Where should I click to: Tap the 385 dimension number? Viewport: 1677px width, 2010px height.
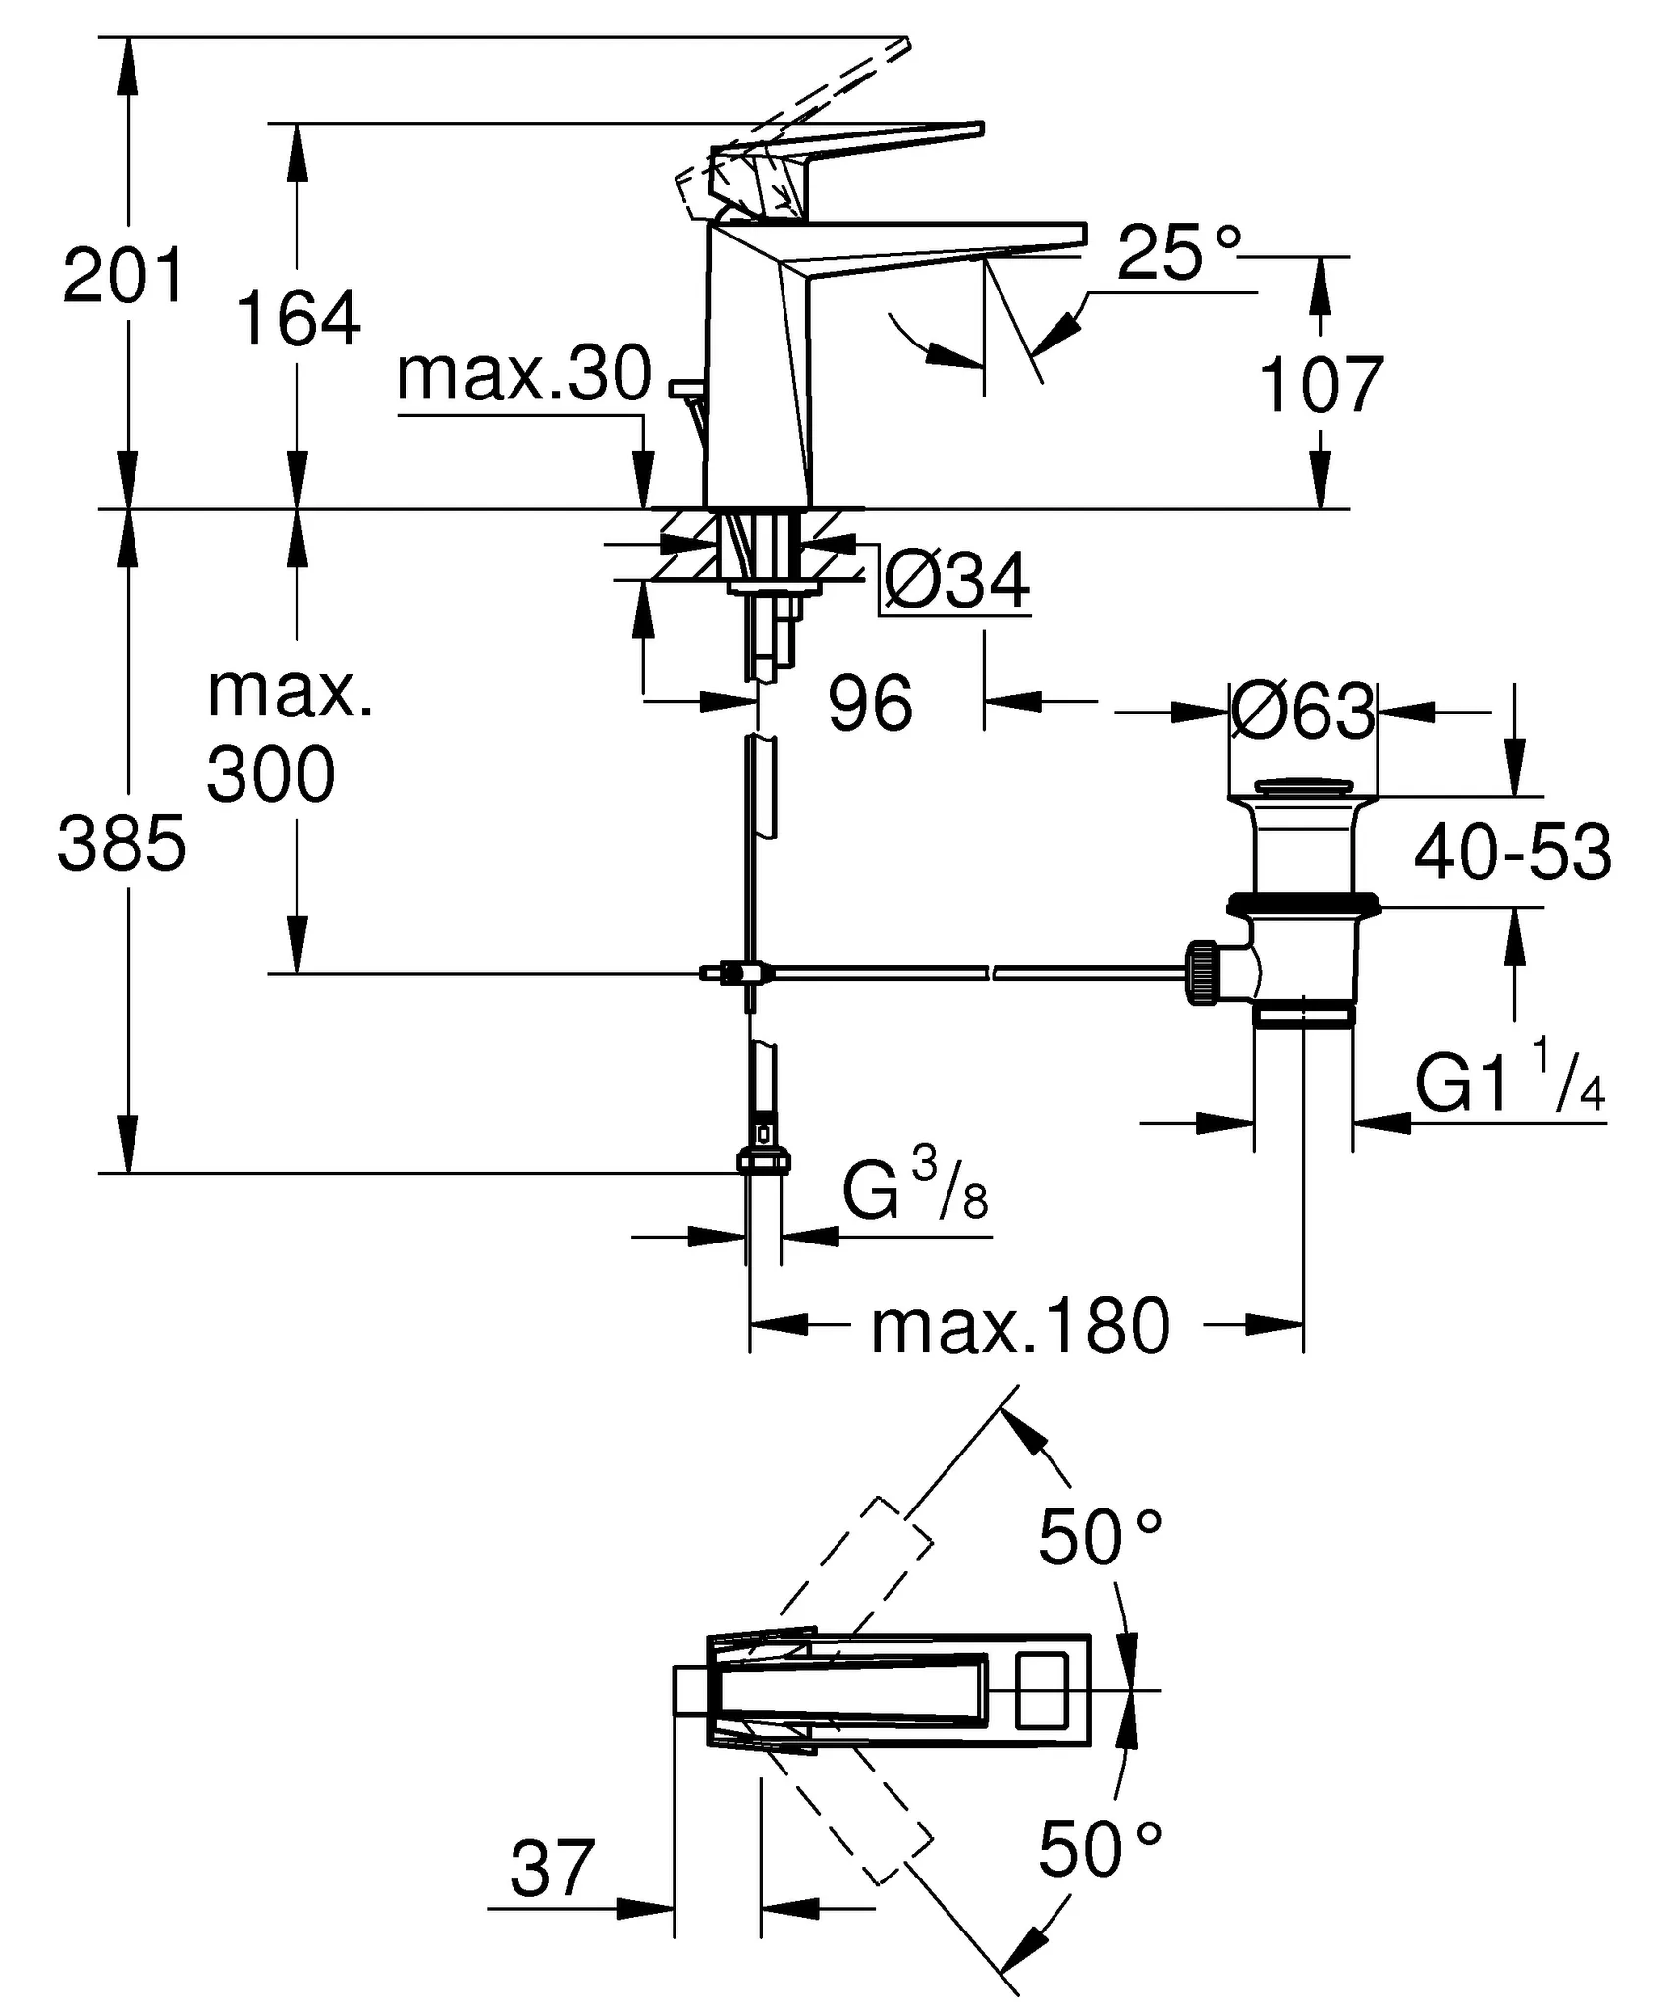[122, 843]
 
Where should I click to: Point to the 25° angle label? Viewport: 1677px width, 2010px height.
[1179, 253]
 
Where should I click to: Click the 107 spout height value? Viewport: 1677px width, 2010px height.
[1321, 386]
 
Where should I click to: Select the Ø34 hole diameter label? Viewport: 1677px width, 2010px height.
[956, 581]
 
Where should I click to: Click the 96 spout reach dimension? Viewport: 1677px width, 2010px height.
[871, 704]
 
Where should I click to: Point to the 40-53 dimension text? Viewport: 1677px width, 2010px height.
[1512, 852]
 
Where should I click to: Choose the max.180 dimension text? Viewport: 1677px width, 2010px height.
[1021, 1326]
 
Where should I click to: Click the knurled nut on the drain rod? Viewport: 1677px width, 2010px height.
[1203, 973]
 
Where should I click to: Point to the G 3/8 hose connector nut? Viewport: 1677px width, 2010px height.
[764, 1161]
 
